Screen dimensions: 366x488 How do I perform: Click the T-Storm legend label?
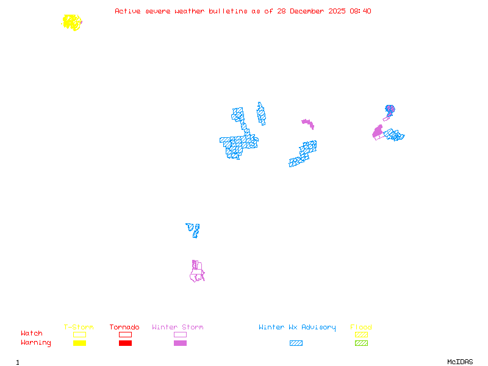coord(79,328)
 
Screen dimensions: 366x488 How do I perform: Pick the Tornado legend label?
coord(124,328)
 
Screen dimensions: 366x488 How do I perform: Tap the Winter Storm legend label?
coord(178,328)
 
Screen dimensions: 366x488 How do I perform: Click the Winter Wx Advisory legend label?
coord(297,328)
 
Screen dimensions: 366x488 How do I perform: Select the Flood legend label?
coord(361,328)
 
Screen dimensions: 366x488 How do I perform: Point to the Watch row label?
coord(32,334)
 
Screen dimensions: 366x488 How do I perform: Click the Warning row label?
coord(36,343)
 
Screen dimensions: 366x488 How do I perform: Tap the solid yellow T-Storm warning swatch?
coord(79,343)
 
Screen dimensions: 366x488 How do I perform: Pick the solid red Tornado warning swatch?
coord(125,343)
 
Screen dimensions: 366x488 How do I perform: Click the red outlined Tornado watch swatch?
coord(125,334)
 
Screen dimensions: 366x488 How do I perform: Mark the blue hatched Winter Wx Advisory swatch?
coord(296,343)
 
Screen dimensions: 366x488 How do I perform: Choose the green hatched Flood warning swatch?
coord(361,343)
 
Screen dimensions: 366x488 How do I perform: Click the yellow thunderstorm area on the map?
coord(72,23)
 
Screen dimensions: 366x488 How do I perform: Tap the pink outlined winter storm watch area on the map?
coord(196,273)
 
